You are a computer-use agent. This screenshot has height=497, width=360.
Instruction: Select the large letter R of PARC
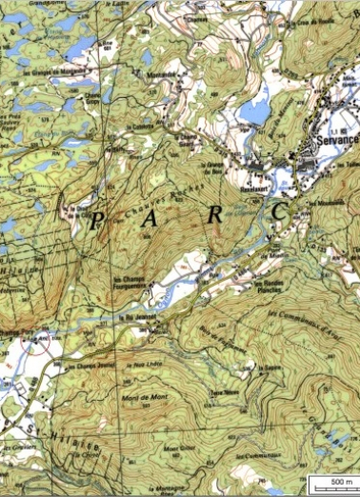216,215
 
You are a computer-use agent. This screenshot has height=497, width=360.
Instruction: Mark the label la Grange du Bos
211,169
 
